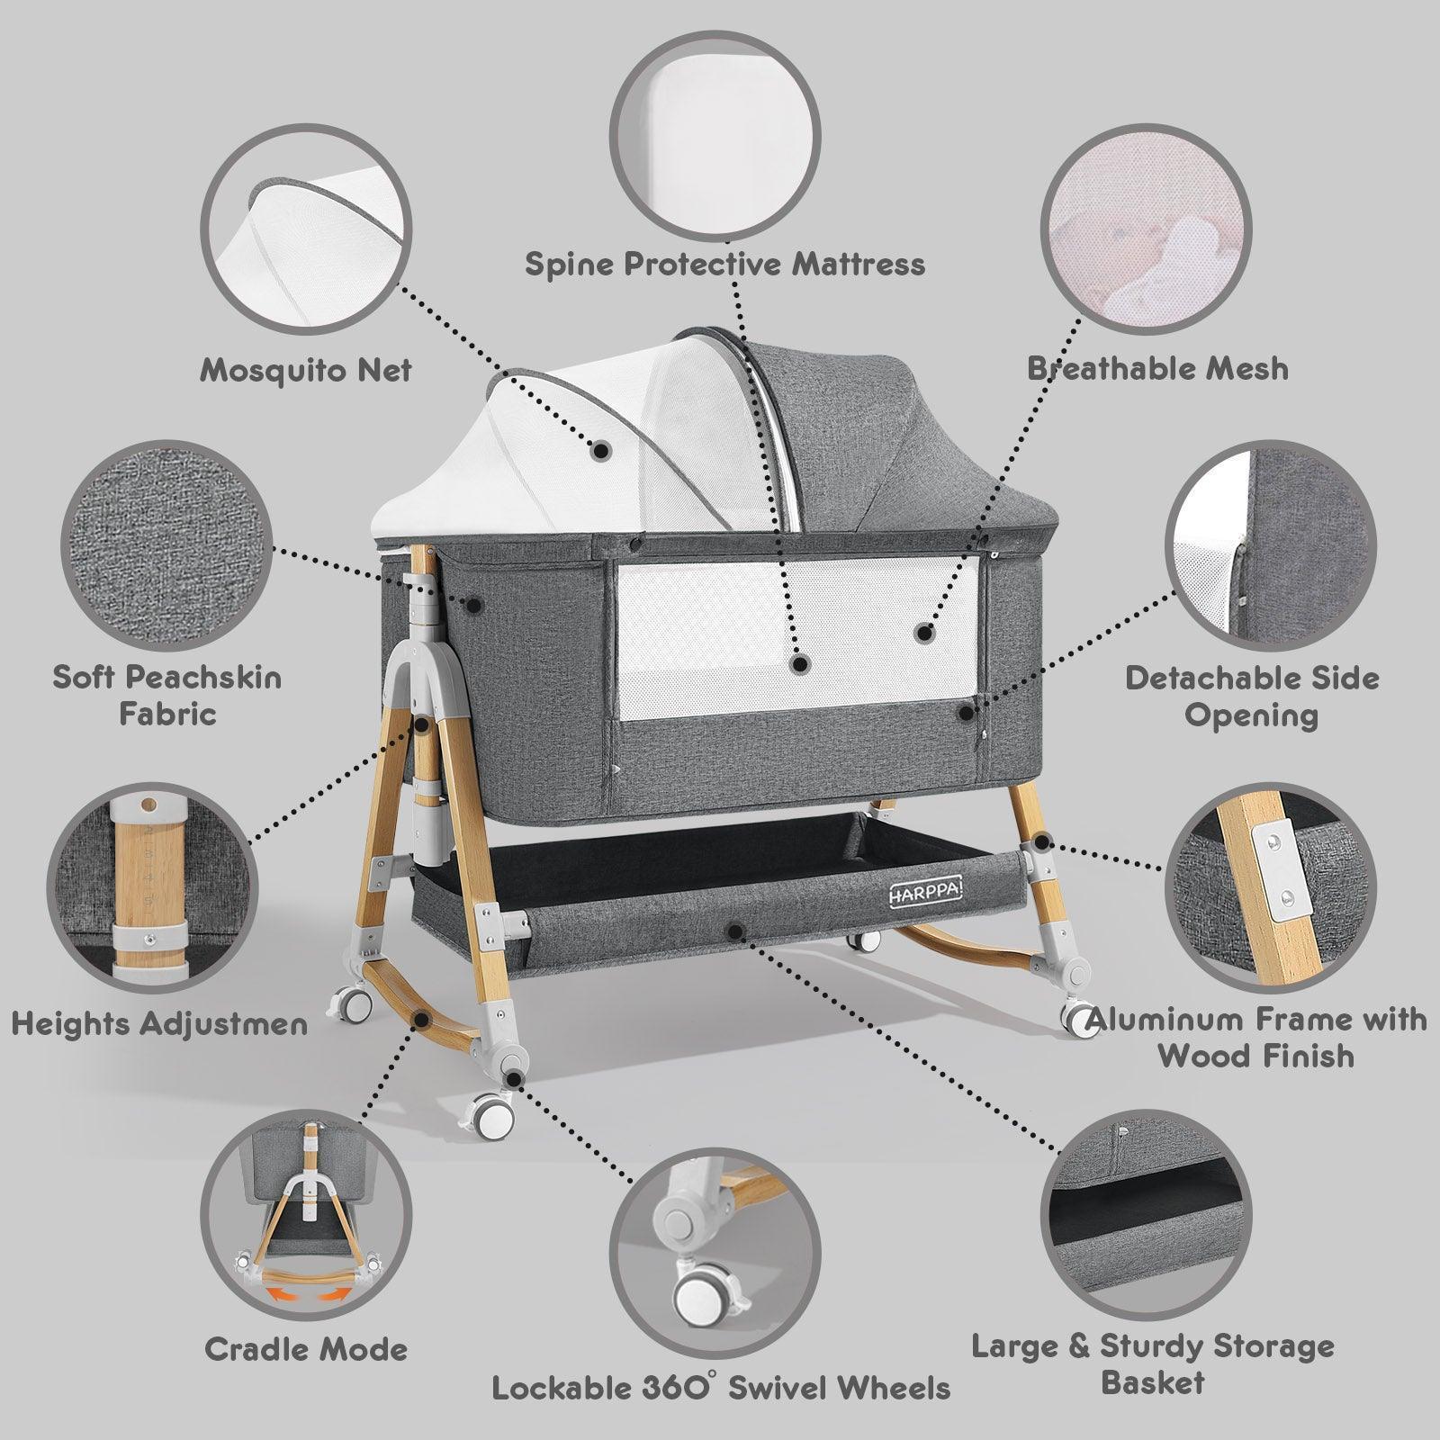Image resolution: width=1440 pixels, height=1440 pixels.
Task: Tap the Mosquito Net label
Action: [x=306, y=370]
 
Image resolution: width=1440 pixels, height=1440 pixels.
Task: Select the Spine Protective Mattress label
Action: [x=724, y=265]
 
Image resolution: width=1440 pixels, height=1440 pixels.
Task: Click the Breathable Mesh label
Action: [x=1157, y=368]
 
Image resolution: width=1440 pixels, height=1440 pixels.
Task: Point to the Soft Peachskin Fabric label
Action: [x=167, y=695]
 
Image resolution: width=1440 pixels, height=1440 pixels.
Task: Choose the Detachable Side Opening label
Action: [x=1252, y=697]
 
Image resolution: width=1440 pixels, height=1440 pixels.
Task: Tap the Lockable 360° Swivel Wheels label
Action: [x=721, y=1387]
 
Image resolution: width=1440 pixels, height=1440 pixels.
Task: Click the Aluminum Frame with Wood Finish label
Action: [x=1256, y=1037]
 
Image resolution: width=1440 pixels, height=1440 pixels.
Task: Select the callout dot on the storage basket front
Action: [x=735, y=930]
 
